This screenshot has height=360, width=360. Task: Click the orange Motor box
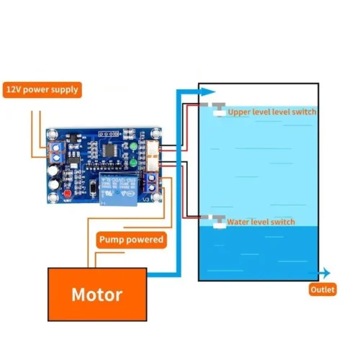point(96,294)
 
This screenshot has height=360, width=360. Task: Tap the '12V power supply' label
point(42,90)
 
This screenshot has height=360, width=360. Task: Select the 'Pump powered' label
point(132,239)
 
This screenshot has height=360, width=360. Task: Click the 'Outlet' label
point(323,290)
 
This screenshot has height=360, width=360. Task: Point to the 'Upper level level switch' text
point(271,112)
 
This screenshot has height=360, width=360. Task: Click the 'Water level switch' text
point(261,222)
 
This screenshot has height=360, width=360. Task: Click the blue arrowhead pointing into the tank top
point(208,91)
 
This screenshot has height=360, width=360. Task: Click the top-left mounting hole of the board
point(52,135)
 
